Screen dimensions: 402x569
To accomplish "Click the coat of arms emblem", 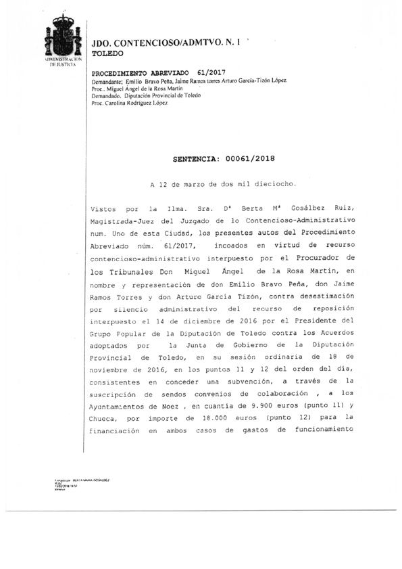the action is pos(62,36).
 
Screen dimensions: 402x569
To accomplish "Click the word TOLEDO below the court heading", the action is pos(107,52).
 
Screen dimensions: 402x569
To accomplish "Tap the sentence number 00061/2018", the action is pos(249,159).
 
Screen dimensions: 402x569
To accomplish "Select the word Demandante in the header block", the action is pos(106,81).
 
